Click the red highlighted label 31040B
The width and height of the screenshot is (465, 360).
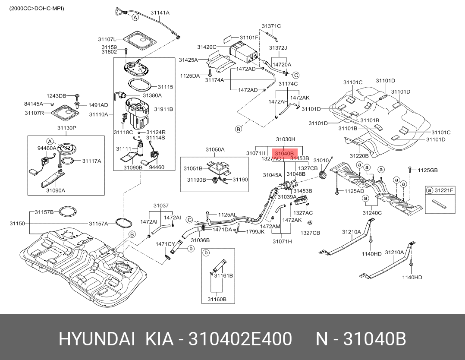pos(284,153)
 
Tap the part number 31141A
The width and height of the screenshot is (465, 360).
pos(160,13)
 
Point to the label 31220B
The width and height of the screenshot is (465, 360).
pos(359,156)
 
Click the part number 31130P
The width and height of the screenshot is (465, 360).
pos(66,128)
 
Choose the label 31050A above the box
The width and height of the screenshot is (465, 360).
pos(215,150)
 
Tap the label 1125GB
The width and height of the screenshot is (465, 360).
pos(427,171)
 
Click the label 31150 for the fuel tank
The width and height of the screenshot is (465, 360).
pos(17,224)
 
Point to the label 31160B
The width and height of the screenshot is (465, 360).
pos(217,299)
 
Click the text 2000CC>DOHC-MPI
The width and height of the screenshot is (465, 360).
pos(37,8)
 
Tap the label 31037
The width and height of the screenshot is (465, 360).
pos(161,205)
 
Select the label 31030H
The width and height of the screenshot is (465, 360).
pos(286,139)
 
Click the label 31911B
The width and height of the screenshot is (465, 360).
pos(163,109)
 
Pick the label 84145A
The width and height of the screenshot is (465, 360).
pos(34,104)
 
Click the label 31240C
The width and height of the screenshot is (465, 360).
pos(372,212)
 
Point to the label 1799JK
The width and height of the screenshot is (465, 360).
pos(255,231)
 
